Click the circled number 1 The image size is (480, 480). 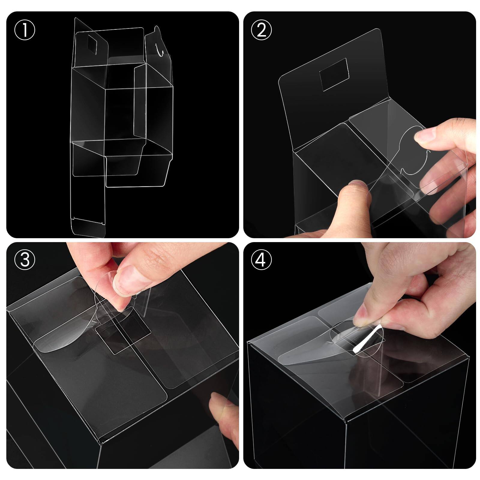25,30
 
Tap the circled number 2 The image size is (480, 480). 261,30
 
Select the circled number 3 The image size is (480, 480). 25,260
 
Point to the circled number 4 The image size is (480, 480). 261,260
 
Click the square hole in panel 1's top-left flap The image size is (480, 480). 91,45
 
